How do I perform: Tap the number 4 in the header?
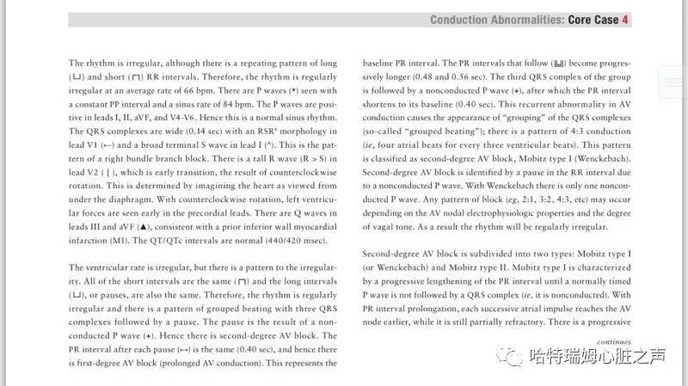point(626,20)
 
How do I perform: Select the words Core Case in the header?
point(594,20)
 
